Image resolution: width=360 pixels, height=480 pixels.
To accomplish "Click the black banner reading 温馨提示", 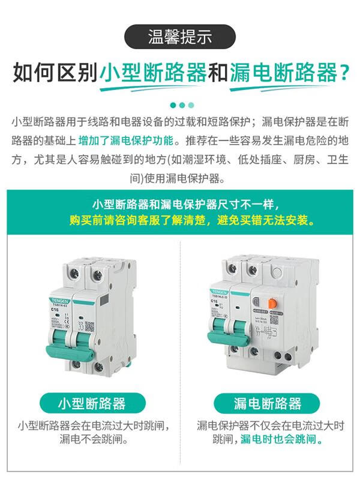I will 180,37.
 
